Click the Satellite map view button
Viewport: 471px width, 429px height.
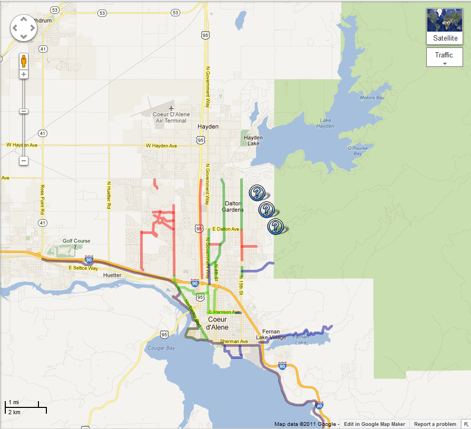[x=444, y=26]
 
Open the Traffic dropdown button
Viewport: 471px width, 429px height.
[x=444, y=57]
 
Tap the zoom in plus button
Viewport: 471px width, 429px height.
[x=24, y=74]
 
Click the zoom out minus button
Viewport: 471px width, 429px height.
[x=24, y=160]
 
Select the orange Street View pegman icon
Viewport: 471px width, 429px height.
[x=24, y=61]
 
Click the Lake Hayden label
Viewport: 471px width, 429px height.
[x=327, y=123]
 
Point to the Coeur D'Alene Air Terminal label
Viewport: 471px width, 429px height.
[x=170, y=117]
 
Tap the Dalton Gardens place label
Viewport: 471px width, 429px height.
[x=234, y=206]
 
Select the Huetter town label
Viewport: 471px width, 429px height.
[x=113, y=275]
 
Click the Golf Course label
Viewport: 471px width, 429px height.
[x=76, y=241]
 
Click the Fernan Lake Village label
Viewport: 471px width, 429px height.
[x=271, y=334]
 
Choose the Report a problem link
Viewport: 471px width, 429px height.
[x=435, y=424]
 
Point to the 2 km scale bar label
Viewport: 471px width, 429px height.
[x=14, y=412]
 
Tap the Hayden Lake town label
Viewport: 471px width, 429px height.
[x=253, y=141]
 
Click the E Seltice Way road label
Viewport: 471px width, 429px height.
[x=83, y=268]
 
